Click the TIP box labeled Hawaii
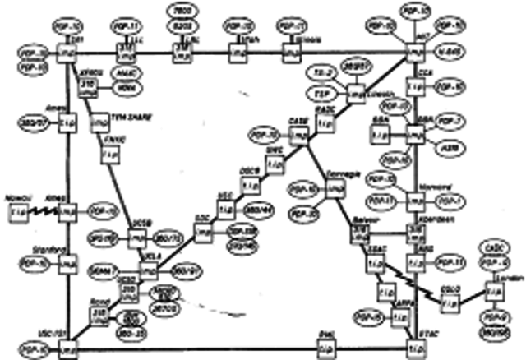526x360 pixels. click(x=16, y=212)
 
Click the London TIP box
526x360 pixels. click(x=491, y=291)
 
